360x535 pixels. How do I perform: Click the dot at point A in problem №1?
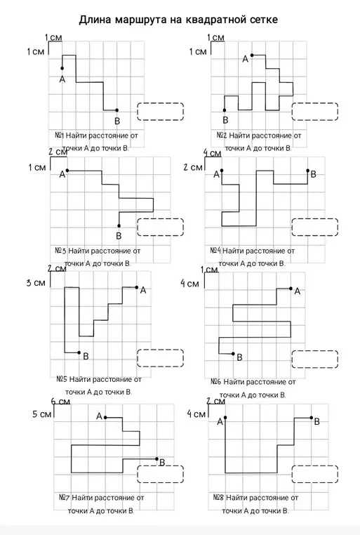coord(62,68)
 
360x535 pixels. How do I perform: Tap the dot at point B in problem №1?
coord(117,110)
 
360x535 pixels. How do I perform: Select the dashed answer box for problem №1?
coord(161,112)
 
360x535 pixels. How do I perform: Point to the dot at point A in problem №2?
coord(252,55)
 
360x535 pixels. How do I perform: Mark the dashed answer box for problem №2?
coord(315,112)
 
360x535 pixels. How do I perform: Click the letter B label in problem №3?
coord(119,236)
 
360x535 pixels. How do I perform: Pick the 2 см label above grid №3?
coord(58,152)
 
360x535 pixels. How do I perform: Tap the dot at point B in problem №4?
coord(307,171)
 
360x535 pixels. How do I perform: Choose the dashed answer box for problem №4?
coord(315,227)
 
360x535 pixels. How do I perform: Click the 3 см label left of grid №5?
coord(36,283)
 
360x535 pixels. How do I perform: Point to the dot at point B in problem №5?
coord(79,352)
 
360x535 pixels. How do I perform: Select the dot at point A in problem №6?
coord(291,289)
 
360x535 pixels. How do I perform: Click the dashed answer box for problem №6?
coord(315,359)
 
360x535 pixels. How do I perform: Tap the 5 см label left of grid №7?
coord(42,414)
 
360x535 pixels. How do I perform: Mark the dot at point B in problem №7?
coord(156,459)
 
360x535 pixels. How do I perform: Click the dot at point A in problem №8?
coord(225,417)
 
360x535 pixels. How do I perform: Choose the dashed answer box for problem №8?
coord(315,474)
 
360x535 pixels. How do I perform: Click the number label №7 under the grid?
coord(65,498)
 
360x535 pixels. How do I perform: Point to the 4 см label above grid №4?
coord(213,153)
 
